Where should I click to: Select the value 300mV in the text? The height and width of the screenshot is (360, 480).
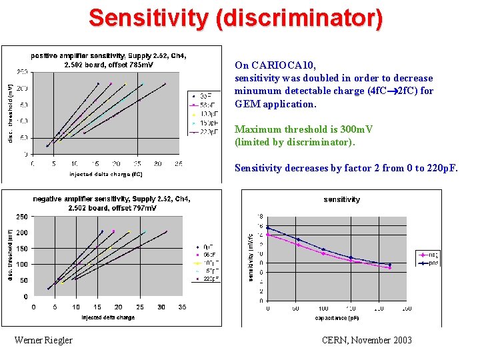(x=355, y=129)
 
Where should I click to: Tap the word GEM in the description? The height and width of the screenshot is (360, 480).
(x=245, y=104)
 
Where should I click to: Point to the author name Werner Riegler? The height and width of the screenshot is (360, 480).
(x=43, y=341)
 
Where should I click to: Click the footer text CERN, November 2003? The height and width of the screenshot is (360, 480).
(x=367, y=341)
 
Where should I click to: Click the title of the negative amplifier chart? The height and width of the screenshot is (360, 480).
(x=111, y=203)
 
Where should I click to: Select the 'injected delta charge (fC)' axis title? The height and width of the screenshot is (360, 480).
(x=106, y=175)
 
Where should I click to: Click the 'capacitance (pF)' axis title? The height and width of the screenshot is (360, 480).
(x=337, y=318)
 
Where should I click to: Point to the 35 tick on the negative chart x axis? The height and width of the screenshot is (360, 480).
(x=182, y=307)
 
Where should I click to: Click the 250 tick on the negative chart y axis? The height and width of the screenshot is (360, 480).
(x=22, y=217)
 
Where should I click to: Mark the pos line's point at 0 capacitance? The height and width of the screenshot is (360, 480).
(x=268, y=228)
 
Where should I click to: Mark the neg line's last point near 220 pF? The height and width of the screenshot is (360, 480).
(x=390, y=268)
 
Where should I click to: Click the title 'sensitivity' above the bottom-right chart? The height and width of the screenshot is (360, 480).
(x=341, y=199)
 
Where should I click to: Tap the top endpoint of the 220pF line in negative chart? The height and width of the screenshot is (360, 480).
(x=166, y=231)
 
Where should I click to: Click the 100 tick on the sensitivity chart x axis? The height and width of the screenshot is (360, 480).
(x=323, y=309)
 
